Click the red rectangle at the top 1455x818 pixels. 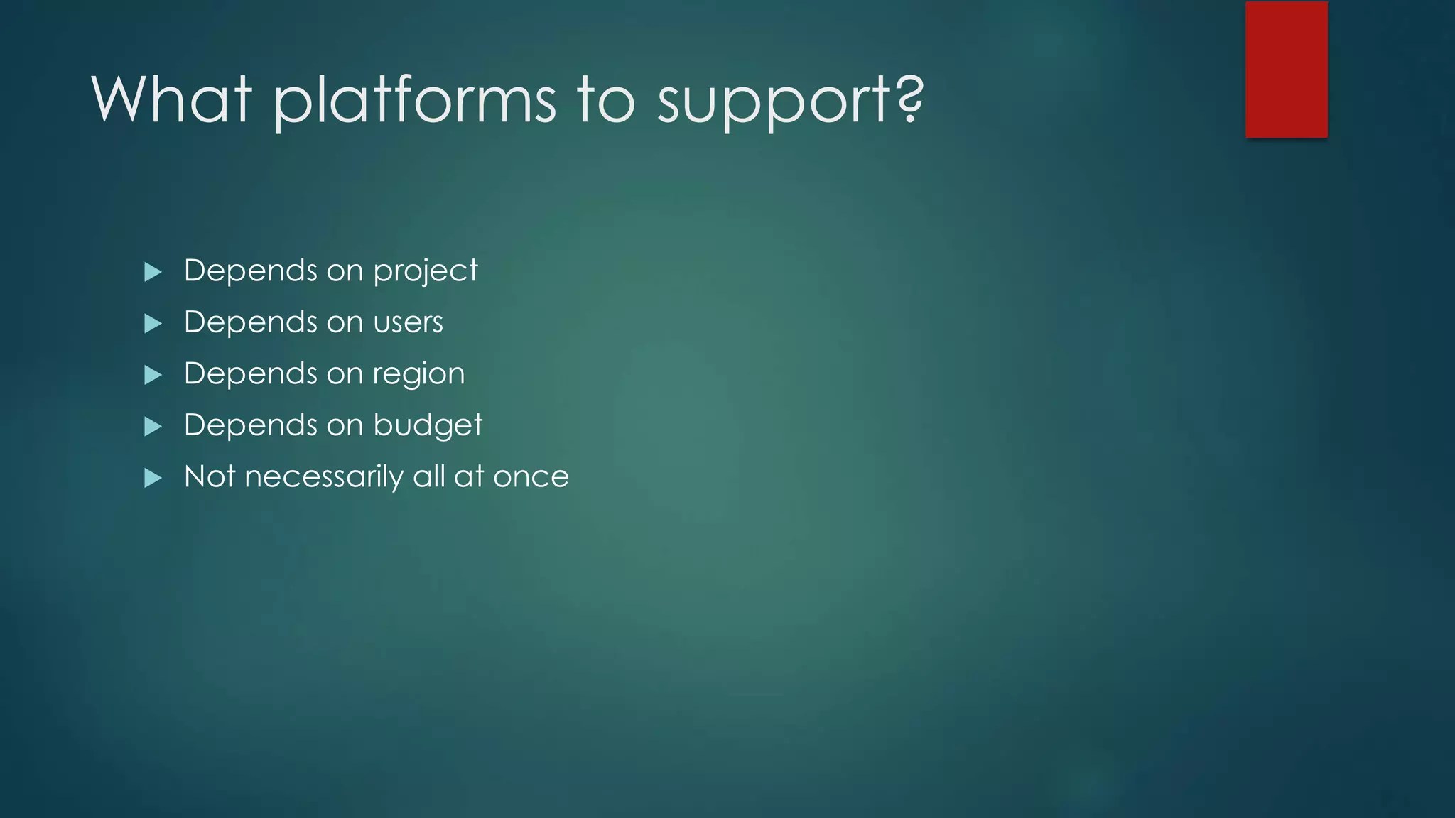point(1286,70)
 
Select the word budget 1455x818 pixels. point(428,425)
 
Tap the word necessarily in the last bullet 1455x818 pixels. point(323,477)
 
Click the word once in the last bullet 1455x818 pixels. point(531,477)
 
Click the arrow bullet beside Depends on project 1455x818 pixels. point(153,272)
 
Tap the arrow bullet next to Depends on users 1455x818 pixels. point(153,324)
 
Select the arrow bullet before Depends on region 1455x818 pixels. point(153,375)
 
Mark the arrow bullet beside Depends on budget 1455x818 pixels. point(153,427)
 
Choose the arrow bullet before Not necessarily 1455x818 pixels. point(153,478)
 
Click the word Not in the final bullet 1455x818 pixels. point(210,476)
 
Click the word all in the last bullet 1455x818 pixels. point(428,476)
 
